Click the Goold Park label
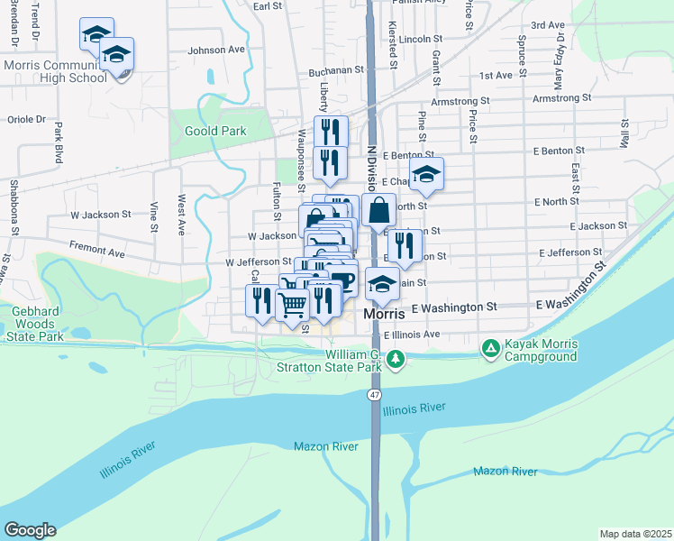pos(214,131)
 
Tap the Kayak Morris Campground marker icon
pos(490,347)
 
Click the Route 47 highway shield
pos(374,396)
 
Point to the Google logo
pos(30,530)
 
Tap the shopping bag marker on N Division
pos(379,211)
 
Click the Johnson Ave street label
pos(216,50)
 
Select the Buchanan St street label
pos(334,69)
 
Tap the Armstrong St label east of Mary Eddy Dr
pos(561,97)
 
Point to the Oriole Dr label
pos(25,119)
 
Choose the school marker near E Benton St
pos(427,174)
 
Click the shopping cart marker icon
pos(292,304)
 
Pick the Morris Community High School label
pos(56,71)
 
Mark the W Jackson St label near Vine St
pos(101,215)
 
